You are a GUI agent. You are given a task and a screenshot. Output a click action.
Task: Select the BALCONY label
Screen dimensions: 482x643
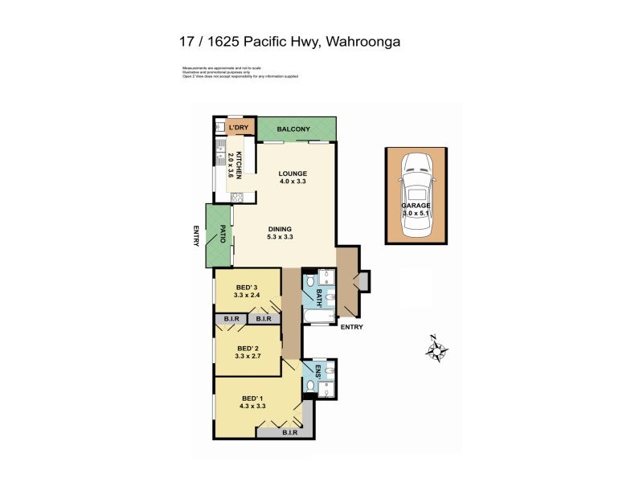tap(293, 129)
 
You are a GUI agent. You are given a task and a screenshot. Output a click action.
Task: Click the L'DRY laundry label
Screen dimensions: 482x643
tap(239, 129)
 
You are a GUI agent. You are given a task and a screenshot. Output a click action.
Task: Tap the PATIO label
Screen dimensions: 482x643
tap(222, 235)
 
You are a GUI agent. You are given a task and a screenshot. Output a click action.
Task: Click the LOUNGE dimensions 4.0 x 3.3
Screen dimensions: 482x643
tap(293, 182)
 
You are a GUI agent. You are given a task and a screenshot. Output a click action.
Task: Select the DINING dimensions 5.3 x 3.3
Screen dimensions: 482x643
tap(281, 237)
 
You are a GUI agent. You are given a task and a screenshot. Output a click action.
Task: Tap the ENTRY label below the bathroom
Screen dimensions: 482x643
tap(351, 327)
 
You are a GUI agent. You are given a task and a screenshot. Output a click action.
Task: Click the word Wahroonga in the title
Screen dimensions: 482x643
tap(372, 40)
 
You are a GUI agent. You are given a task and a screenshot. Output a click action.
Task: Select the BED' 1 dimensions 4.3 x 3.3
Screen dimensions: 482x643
tap(252, 406)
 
